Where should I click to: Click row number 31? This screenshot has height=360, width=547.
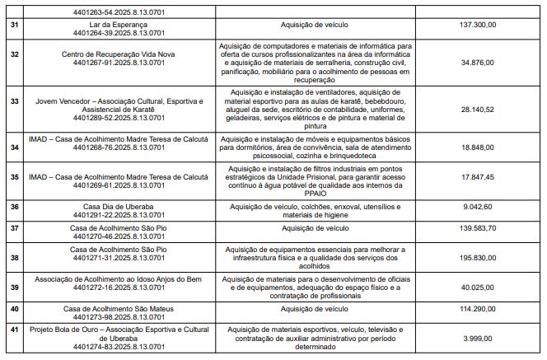pos(14,26)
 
